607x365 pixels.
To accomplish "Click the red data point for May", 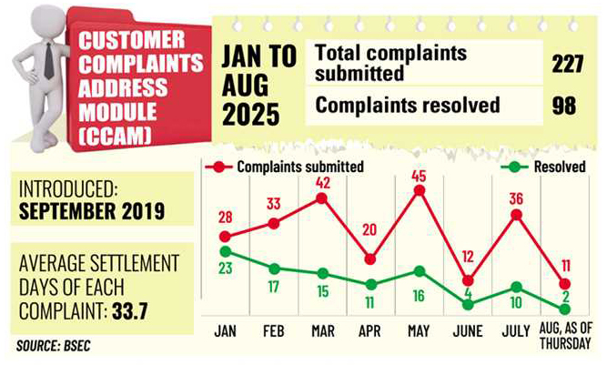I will (420, 190).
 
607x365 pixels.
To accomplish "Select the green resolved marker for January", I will (224, 250).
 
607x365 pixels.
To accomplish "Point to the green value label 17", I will (273, 286).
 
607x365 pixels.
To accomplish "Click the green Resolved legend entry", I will (546, 167).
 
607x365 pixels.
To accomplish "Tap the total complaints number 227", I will (566, 64).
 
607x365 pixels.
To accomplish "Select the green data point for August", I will (565, 309).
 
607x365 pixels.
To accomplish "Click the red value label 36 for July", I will (517, 198).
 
